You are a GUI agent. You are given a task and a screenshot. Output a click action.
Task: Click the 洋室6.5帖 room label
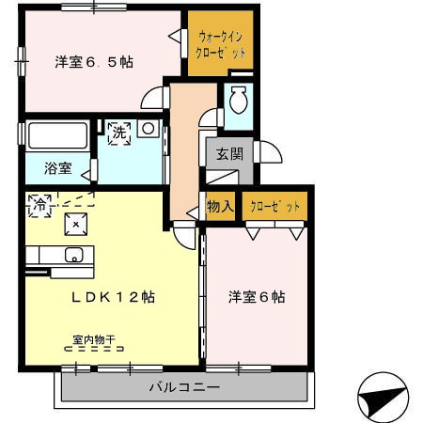[94, 62]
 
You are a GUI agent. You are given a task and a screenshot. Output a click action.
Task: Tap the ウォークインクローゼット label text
[220, 45]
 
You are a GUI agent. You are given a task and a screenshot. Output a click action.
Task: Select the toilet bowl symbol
[239, 100]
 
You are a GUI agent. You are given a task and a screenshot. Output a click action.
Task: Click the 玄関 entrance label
[229, 154]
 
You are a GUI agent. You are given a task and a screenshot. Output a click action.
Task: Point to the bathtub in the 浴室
[57, 136]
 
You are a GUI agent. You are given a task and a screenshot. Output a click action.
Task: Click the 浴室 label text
[58, 168]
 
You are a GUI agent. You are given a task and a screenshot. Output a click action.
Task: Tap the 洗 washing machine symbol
[119, 133]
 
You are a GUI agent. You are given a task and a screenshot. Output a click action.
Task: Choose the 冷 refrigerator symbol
[39, 206]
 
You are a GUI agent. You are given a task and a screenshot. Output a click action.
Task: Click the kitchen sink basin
[74, 255]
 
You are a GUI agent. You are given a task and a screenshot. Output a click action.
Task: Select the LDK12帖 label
[113, 297]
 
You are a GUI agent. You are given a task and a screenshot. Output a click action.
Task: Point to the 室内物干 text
[94, 339]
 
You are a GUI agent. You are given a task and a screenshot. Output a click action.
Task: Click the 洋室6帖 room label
[257, 297]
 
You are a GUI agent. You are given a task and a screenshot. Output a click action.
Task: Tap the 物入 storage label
[220, 206]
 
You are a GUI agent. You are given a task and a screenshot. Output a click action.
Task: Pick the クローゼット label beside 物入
[274, 207]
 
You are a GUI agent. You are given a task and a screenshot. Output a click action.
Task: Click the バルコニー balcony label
[184, 387]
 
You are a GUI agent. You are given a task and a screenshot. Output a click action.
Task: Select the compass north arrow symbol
[383, 397]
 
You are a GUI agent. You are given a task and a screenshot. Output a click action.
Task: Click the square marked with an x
[76, 224]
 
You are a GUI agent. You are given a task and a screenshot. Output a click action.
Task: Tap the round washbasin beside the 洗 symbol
[149, 128]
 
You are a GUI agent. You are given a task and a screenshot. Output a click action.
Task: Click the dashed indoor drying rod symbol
[94, 349]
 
